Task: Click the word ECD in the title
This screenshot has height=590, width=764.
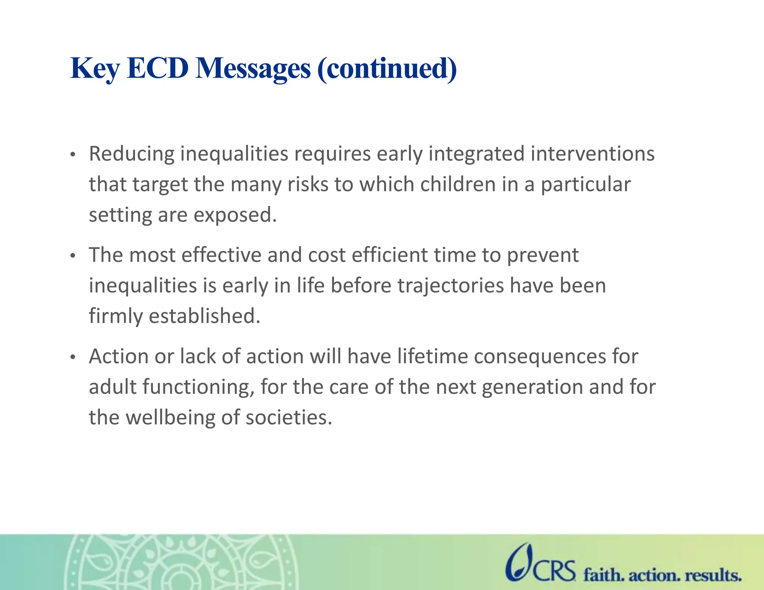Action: [x=157, y=69]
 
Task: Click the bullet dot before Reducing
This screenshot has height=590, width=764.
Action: [x=73, y=154]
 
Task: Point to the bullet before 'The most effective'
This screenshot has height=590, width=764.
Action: [x=73, y=256]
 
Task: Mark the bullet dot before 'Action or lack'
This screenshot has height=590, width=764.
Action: [x=73, y=357]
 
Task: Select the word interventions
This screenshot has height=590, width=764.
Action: [x=592, y=154]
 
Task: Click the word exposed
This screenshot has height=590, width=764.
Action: [x=235, y=215]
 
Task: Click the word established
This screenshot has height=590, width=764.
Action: [x=204, y=316]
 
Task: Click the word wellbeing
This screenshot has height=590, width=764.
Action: [x=170, y=418]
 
